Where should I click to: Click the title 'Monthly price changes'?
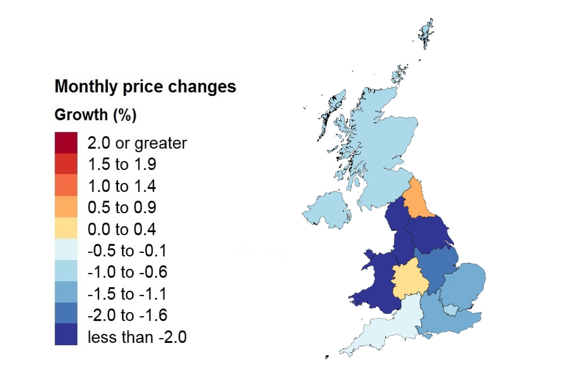coord(145,87)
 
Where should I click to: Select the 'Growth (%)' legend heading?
coord(95,115)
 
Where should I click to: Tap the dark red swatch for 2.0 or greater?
coord(66,143)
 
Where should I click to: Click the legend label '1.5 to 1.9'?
coord(122,165)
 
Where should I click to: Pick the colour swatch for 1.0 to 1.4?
coord(66,186)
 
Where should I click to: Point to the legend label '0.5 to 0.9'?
coord(122,208)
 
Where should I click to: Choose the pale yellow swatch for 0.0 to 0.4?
coord(66,229)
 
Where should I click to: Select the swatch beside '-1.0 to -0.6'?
coord(66,272)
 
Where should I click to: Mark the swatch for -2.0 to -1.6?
coord(66,315)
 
